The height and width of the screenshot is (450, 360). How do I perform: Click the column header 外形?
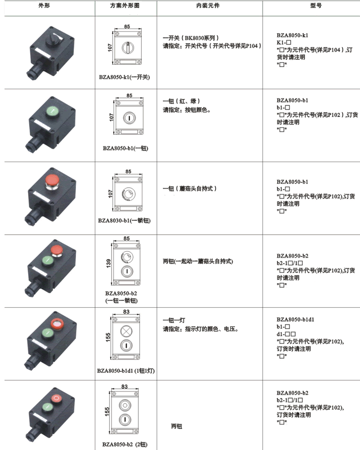44,6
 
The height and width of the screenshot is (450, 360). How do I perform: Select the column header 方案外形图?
125,6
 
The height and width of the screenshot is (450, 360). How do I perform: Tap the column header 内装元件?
208,6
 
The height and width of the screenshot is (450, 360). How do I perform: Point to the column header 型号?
316,6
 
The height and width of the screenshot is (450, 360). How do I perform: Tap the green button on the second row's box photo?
53,110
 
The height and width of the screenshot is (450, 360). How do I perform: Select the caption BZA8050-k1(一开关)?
124,77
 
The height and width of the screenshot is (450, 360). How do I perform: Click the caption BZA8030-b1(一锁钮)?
124,220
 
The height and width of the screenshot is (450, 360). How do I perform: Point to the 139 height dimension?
109,263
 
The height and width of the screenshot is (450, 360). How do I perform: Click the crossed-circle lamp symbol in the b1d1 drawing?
126,331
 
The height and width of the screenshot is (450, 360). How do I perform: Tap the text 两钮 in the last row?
176,426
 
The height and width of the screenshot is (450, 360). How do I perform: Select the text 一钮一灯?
174,320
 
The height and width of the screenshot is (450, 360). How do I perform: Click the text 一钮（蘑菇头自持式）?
190,188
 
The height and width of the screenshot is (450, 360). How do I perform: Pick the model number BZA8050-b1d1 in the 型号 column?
295,319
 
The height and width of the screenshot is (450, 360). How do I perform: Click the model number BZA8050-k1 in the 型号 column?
293,35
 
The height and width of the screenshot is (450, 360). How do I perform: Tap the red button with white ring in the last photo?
57,398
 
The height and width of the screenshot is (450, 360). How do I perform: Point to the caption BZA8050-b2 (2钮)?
125,444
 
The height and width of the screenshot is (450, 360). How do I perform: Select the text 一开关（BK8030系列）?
191,38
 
